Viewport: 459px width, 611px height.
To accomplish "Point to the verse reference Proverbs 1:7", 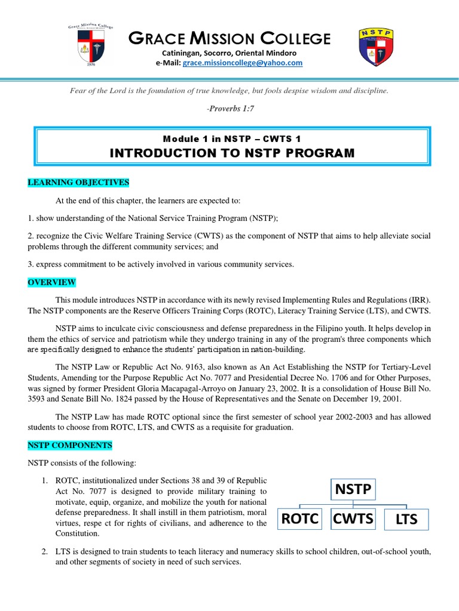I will coord(231,109).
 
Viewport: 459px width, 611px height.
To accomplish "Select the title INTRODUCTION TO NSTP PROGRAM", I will coord(232,153).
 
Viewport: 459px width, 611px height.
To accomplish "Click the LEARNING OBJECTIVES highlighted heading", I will coord(78,182).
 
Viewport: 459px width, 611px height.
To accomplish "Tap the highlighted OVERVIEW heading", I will coord(51,282).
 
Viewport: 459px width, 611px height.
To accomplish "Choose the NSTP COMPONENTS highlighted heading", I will coord(70,445).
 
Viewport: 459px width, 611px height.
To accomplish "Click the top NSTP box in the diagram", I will coord(352,490).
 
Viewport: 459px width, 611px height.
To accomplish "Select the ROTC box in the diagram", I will coord(299,519).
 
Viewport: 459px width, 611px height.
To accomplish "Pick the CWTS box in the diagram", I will coord(353,519).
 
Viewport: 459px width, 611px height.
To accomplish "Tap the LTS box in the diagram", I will coord(406,520).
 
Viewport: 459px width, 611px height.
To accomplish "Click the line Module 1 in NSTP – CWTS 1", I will coord(231,139).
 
